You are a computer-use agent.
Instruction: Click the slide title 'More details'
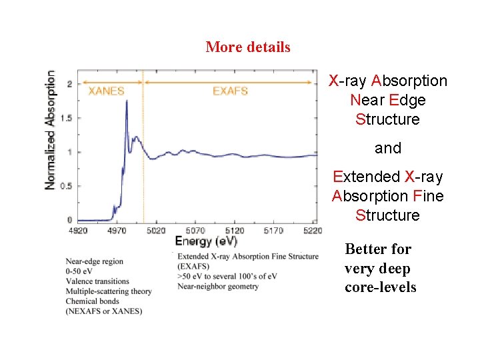pos(248,47)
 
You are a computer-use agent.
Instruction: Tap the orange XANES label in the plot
pos(107,91)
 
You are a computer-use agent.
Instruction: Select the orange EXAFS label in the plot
pos(230,91)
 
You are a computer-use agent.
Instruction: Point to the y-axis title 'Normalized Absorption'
pos(51,131)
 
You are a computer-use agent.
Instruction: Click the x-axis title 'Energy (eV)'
pos(206,241)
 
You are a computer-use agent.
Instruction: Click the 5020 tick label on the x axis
pos(155,231)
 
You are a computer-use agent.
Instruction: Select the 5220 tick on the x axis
pos(311,231)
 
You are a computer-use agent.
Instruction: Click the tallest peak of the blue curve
pos(127,101)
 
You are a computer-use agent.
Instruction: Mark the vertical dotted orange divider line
pos(144,160)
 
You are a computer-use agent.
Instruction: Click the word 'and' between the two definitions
pos(387,148)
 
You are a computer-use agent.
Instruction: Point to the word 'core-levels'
pos(380,287)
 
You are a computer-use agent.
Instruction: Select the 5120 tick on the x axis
pos(233,231)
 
